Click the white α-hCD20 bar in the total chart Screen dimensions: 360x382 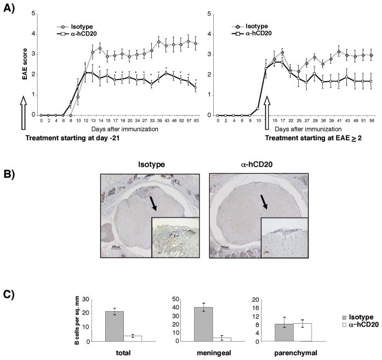click(133, 338)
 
